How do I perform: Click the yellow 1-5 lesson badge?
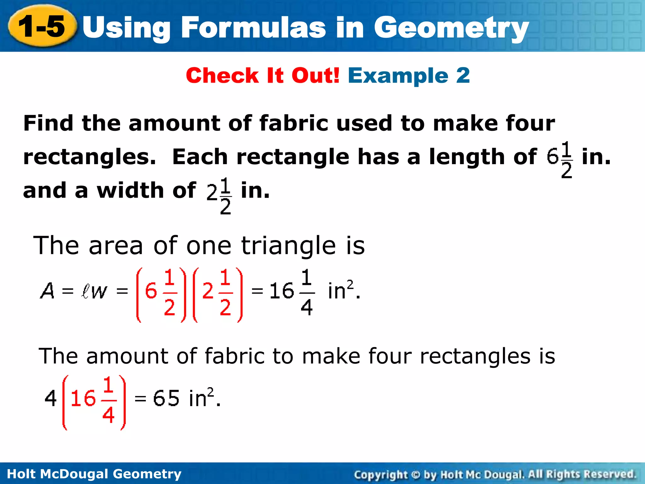tap(42, 26)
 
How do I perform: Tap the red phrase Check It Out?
tap(263, 76)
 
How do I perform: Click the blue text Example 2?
tap(408, 76)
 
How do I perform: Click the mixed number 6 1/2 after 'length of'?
tap(560, 159)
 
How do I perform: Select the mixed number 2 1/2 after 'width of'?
tap(219, 195)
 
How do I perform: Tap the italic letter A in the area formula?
tap(47, 291)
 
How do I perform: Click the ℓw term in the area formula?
tap(94, 291)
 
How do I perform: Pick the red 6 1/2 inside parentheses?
tap(161, 294)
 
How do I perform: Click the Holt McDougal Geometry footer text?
tap(94, 474)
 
